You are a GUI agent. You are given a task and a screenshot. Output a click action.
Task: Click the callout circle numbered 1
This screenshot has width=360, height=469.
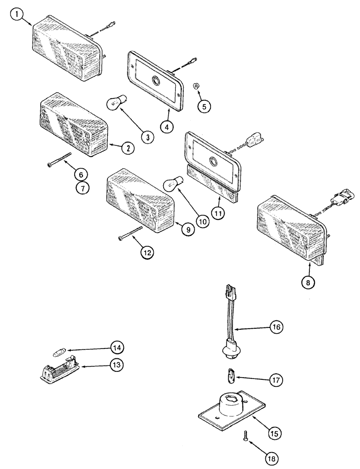coord(17,15)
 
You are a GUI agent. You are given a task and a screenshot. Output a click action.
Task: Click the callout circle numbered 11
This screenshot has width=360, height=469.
coord(218,212)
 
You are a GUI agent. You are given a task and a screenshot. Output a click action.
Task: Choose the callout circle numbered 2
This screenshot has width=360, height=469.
coord(127,148)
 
